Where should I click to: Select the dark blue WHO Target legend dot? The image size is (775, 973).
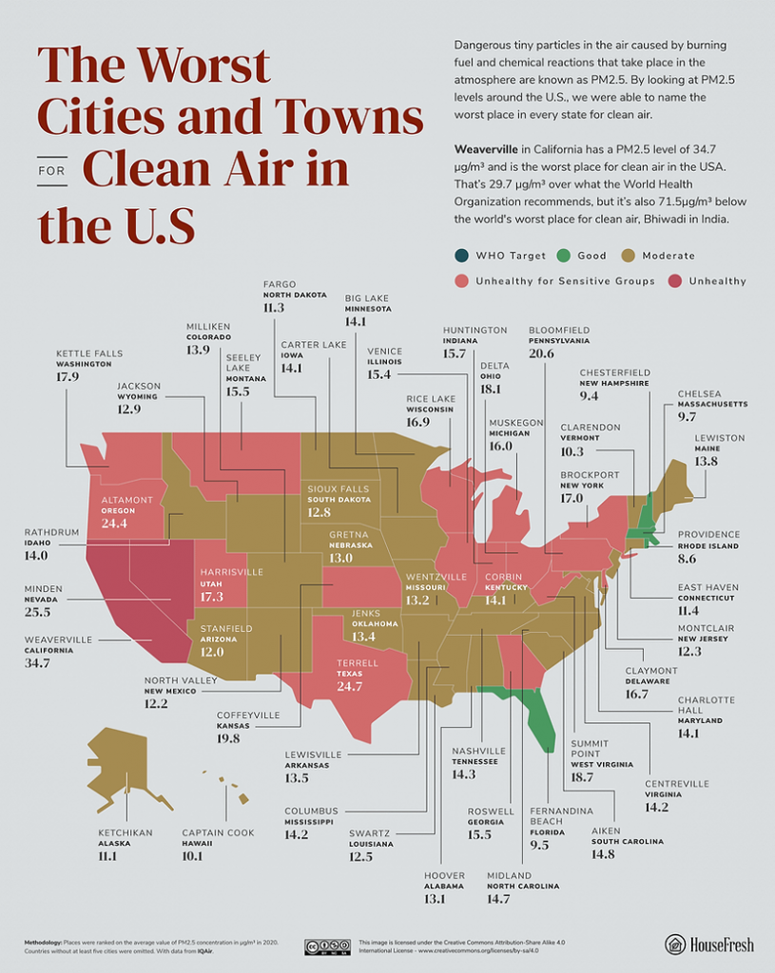click(461, 256)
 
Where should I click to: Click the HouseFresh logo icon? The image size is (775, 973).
click(675, 944)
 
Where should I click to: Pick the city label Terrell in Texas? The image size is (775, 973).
click(356, 662)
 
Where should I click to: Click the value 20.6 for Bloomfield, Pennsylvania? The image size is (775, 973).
click(541, 353)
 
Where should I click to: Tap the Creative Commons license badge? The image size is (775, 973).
click(327, 945)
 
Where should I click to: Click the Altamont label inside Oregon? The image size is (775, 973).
click(126, 499)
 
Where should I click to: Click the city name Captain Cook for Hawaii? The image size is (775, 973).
click(218, 832)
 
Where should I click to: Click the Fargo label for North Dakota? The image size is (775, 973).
click(279, 284)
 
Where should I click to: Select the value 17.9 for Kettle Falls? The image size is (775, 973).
click(67, 376)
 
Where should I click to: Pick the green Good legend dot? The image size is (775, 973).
click(564, 256)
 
